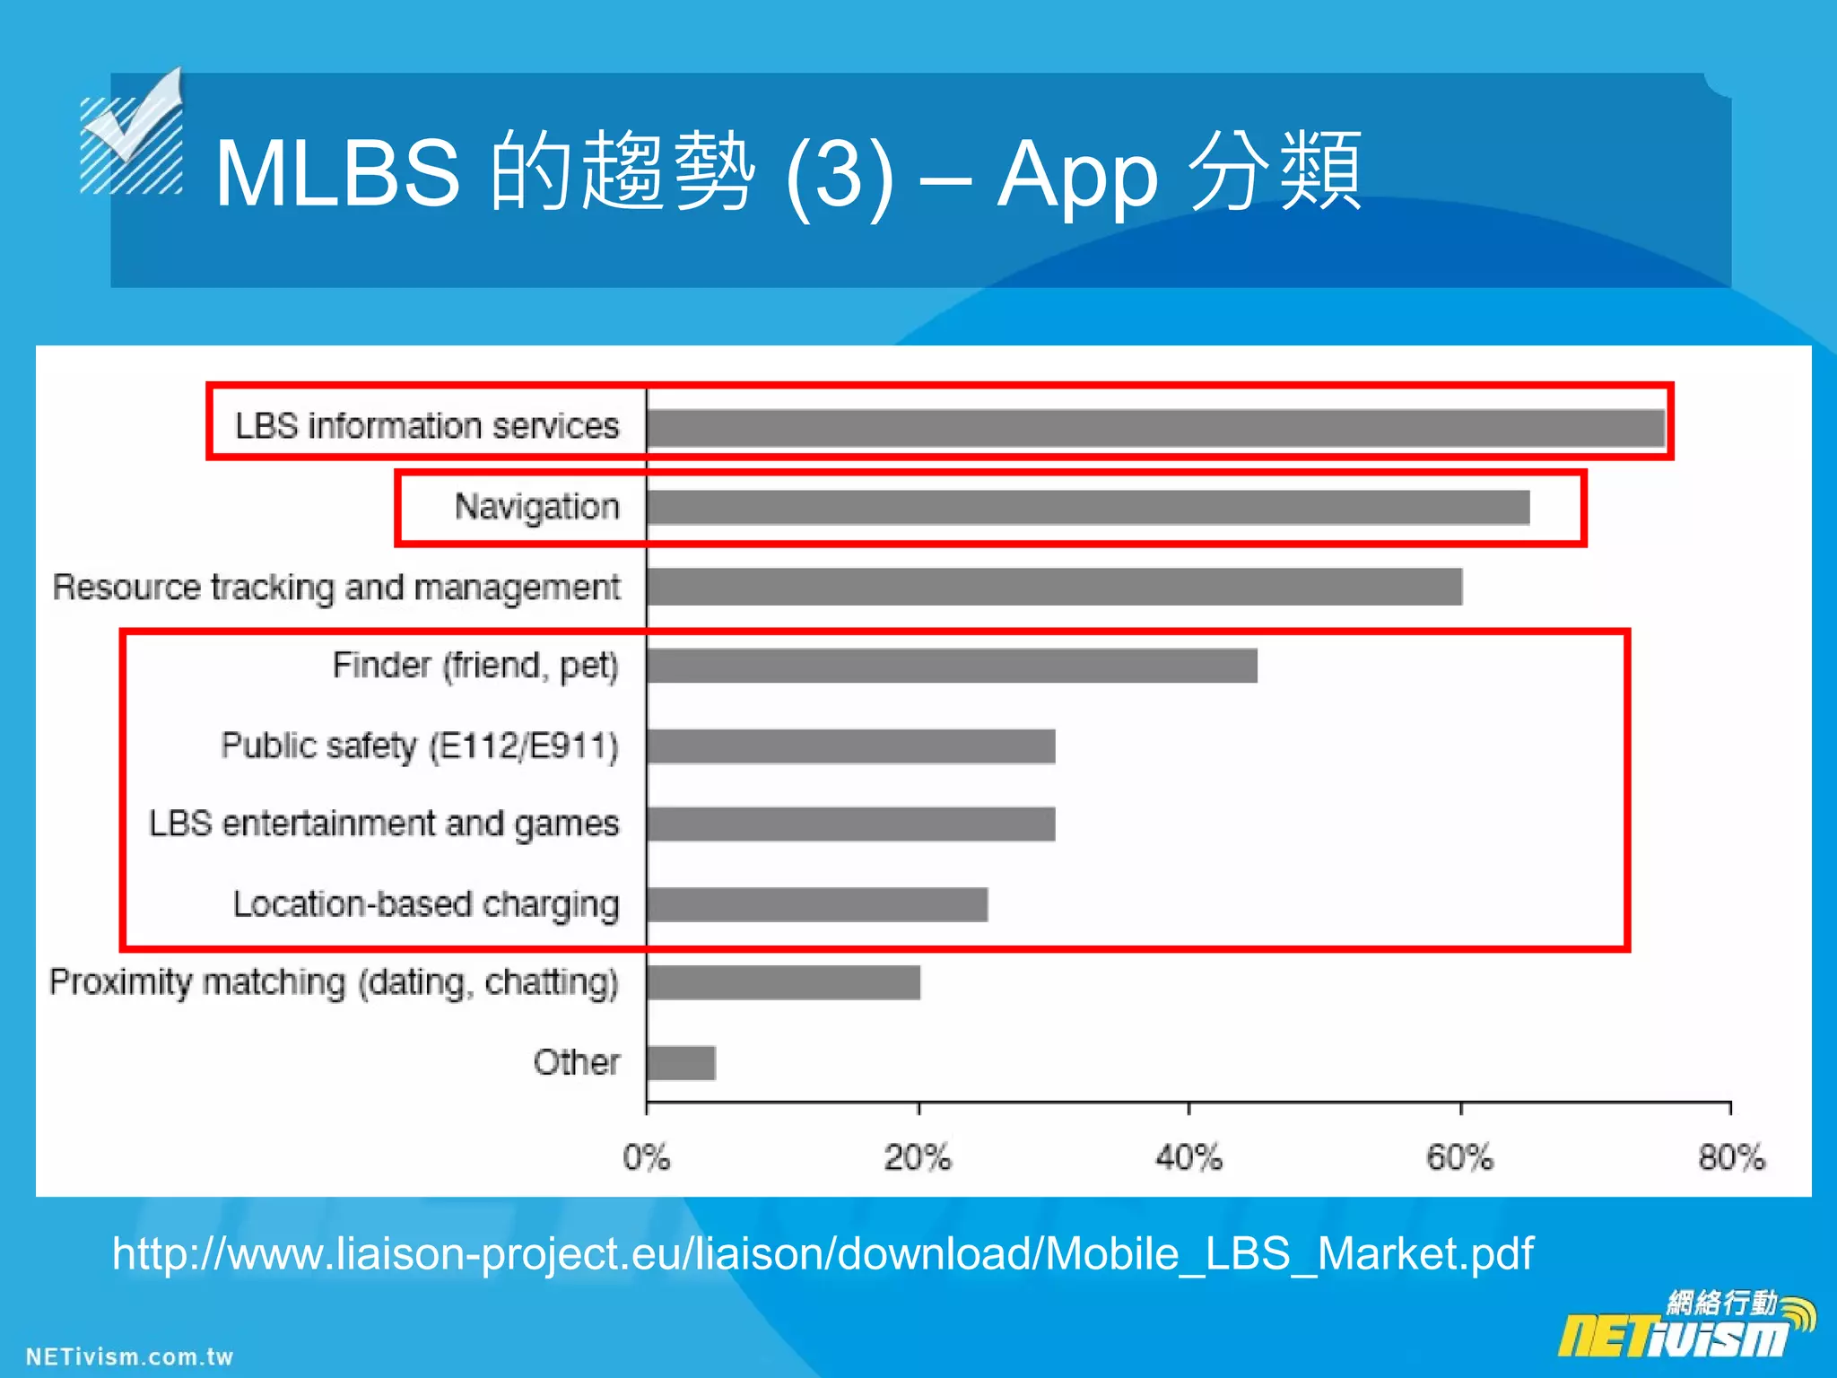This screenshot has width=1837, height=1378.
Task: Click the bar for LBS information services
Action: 1155,428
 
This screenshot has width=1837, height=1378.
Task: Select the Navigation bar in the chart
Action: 1088,507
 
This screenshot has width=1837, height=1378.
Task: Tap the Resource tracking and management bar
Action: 1055,587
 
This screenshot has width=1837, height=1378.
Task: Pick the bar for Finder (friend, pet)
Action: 952,666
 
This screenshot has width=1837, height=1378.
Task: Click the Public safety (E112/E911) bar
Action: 850,746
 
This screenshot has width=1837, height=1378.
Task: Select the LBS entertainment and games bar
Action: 850,824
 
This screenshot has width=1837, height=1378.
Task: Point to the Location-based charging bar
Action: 817,904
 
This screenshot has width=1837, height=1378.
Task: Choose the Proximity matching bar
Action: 783,982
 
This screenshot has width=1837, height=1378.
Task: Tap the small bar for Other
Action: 682,1063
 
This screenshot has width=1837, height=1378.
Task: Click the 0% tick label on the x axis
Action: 647,1157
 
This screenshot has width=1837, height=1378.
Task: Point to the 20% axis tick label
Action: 918,1157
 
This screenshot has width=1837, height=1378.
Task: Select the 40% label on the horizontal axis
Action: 1189,1157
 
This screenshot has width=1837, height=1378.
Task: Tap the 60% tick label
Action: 1460,1157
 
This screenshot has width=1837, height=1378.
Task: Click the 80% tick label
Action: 1731,1157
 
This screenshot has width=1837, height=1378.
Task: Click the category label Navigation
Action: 536,507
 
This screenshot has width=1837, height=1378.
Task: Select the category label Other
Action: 577,1062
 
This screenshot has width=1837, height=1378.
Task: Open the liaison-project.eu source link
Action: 823,1253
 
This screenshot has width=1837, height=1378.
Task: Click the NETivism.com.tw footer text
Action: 129,1356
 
